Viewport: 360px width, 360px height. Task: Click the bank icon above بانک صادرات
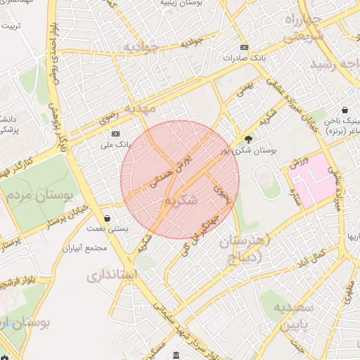[x=243, y=47]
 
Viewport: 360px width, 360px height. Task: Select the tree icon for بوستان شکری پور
[x=247, y=139]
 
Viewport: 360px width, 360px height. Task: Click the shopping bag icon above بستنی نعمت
[x=106, y=218]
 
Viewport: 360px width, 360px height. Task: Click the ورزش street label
[x=299, y=163]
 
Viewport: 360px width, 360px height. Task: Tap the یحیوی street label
[x=223, y=194]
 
